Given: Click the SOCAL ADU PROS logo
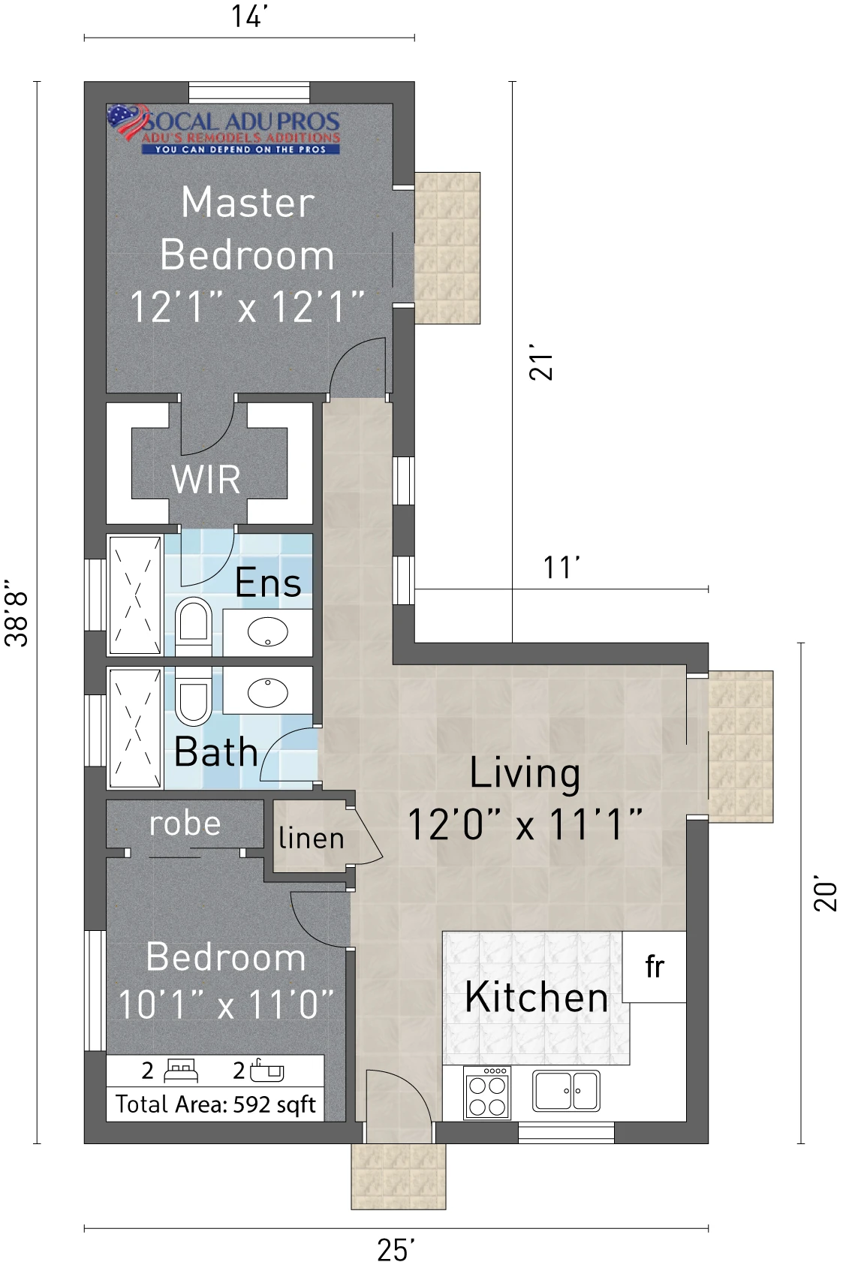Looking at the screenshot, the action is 224,130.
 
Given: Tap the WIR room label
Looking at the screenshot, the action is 206,480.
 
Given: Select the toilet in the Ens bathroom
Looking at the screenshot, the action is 194,625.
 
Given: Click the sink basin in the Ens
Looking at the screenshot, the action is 268,631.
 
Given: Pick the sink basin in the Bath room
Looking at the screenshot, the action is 268,691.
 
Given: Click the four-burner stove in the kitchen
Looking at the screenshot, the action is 487,1093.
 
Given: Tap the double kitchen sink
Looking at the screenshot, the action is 565,1091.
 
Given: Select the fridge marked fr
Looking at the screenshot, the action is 655,967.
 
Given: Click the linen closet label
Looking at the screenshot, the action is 312,839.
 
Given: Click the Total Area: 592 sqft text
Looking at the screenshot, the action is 215,1104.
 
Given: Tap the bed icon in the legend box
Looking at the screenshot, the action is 181,1071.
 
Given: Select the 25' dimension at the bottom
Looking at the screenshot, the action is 396,1250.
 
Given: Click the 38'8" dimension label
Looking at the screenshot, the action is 17,613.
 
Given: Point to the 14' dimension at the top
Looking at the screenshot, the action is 248,17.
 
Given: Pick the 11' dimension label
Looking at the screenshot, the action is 561,568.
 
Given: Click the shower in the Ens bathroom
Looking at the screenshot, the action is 134,595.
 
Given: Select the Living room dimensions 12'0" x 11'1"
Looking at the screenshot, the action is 525,824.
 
